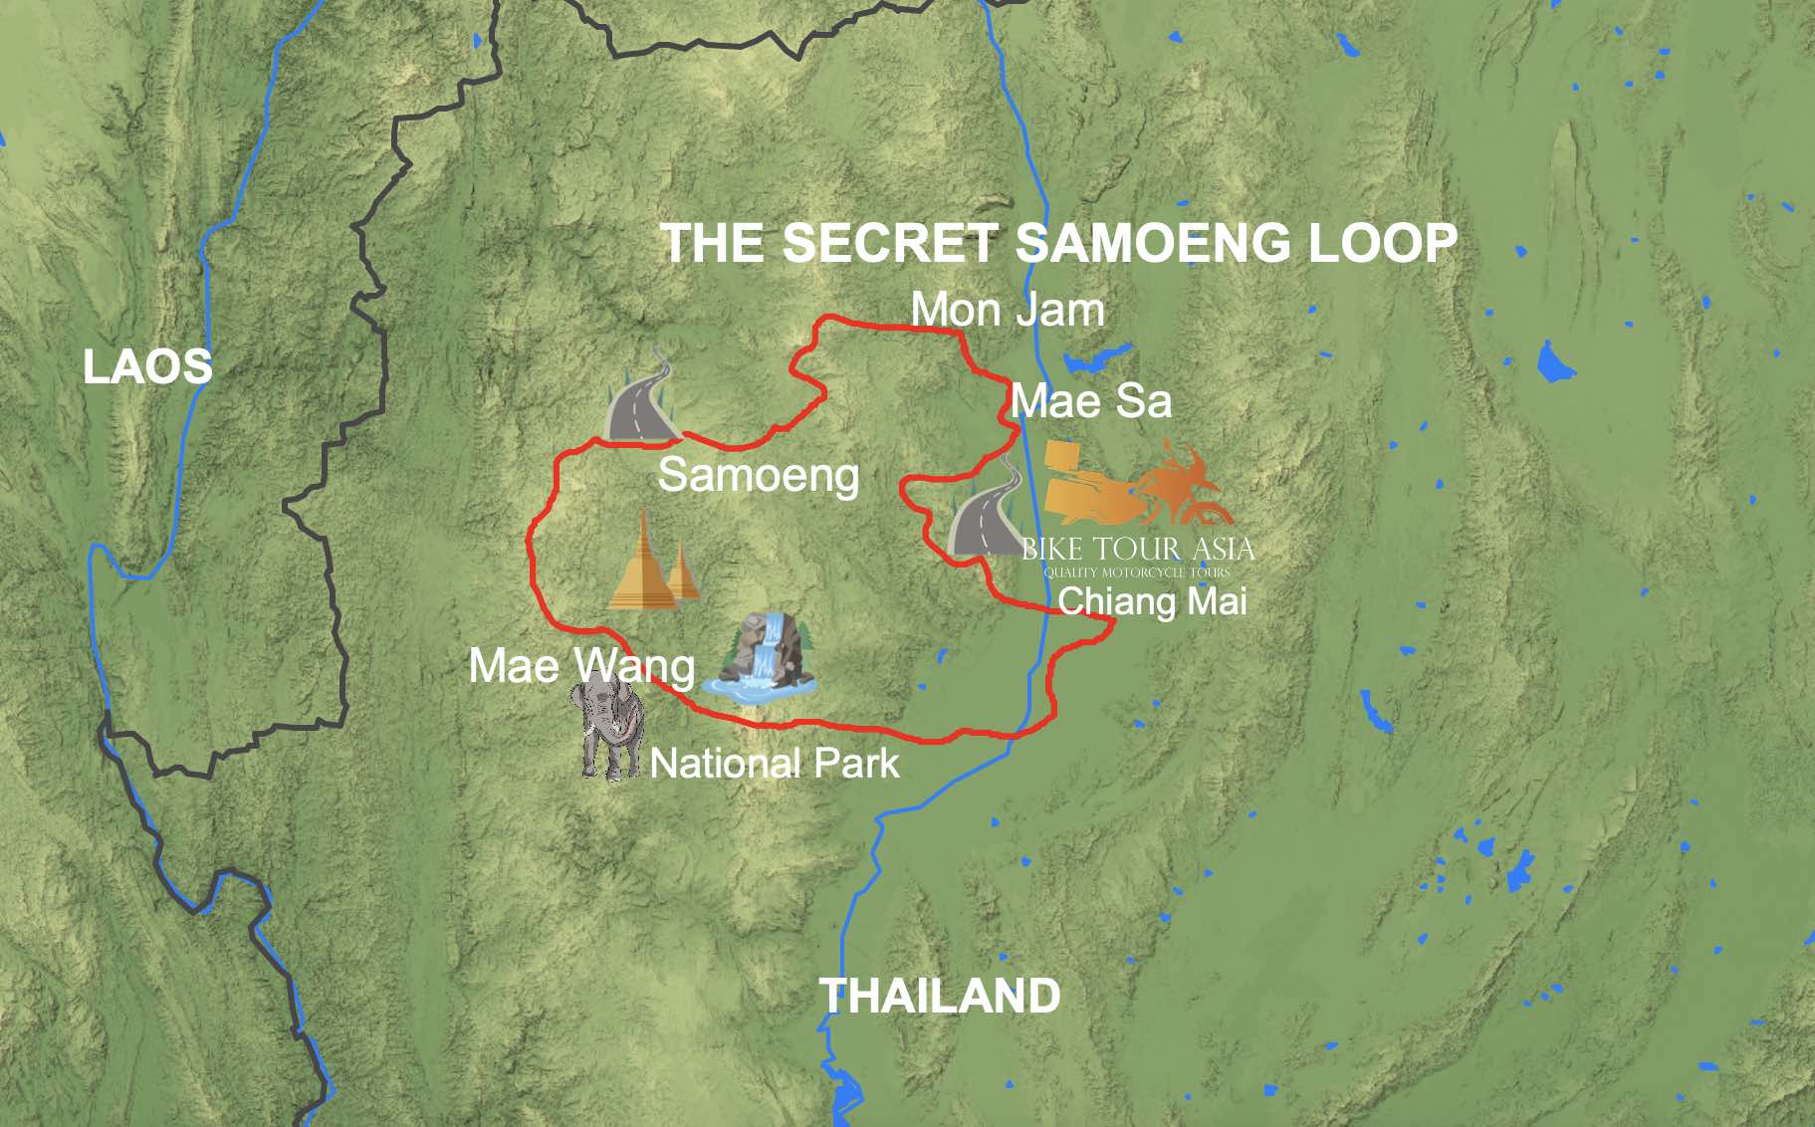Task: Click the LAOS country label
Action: coord(147,366)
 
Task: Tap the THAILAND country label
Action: coord(939,996)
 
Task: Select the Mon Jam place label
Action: coord(1008,310)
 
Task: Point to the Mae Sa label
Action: coord(1091,401)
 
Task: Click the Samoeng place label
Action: coord(758,475)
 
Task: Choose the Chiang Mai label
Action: coord(1152,601)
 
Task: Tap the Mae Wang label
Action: coord(581,666)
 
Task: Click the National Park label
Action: coord(775,764)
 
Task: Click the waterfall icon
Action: coord(762,660)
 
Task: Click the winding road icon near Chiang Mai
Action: coord(986,513)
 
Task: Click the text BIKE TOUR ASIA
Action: coord(1138,549)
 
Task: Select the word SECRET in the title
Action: coord(890,243)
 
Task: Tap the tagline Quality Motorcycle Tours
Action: coord(1137,572)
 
